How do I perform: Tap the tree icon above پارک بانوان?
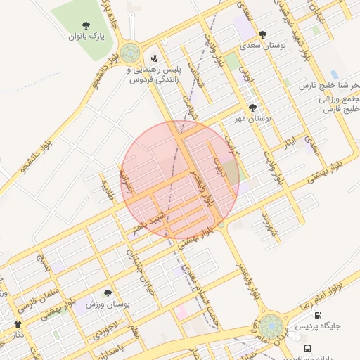pos(86,24)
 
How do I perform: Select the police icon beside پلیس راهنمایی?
pos(155,58)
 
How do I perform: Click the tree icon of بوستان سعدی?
pos(262,34)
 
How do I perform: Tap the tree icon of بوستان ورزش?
pos(108,293)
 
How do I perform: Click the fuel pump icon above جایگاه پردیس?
pos(319,316)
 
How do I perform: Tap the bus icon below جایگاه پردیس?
pos(307,348)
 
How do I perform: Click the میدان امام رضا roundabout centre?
pos(271,326)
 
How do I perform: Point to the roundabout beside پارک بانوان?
pos(129,53)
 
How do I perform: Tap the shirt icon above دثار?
pos(18,324)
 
